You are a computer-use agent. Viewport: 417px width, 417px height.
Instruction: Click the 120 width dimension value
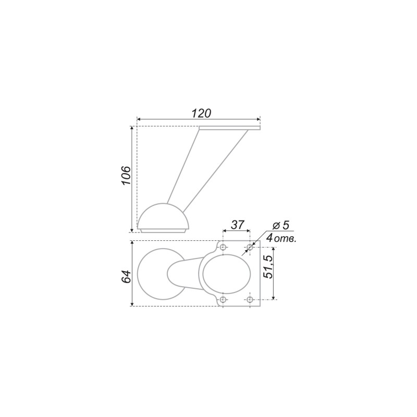201,113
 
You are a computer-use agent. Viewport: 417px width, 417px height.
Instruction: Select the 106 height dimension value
126,176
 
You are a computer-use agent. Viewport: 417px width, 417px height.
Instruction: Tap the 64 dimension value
126,277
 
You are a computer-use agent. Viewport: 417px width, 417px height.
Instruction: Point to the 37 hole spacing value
237,225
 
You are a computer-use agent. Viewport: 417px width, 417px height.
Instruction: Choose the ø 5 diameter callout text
281,225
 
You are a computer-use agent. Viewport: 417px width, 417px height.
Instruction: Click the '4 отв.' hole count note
281,238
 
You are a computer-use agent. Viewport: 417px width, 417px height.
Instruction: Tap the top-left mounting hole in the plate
224,247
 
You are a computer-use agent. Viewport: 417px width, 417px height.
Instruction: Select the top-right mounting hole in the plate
250,247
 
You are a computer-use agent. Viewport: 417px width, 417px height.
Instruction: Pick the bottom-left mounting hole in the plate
224,300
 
